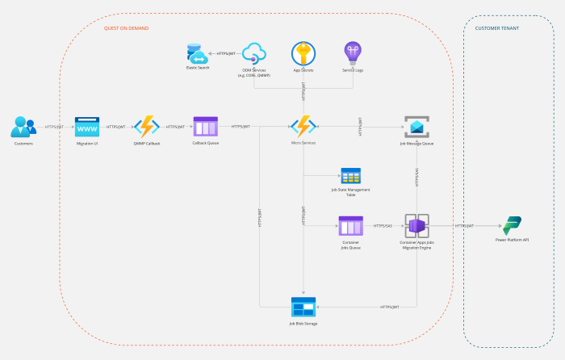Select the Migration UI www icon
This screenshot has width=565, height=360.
[86, 127]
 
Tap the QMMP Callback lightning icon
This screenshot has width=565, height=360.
[146, 127]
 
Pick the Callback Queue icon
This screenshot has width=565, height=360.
[205, 127]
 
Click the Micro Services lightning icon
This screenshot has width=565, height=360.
[303, 127]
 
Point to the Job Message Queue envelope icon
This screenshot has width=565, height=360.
[416, 127]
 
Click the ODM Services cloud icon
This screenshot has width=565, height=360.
[254, 54]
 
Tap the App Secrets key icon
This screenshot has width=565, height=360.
[303, 54]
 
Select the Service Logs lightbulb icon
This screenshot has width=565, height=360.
[353, 54]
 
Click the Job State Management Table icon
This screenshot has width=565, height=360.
[350, 177]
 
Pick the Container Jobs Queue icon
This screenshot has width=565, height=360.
[350, 226]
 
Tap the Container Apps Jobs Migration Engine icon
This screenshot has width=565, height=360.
[416, 226]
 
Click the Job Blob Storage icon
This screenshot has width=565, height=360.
[303, 307]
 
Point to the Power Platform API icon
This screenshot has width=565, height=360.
[513, 226]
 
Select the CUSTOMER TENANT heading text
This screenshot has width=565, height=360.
[497, 28]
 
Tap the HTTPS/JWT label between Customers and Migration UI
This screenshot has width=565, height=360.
[55, 127]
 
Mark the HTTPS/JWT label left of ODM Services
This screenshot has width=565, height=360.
[226, 54]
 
